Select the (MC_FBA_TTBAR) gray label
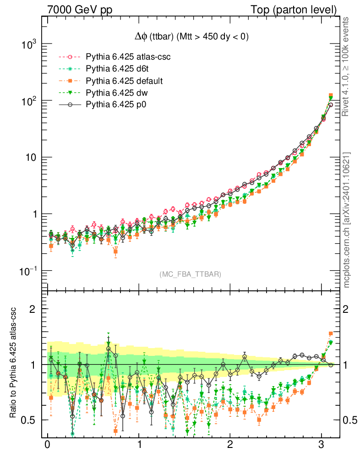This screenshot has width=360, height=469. coord(190,274)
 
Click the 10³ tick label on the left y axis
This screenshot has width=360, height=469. coord(28,44)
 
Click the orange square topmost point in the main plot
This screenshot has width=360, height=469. coord(331,96)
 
